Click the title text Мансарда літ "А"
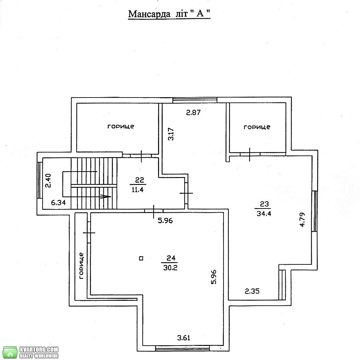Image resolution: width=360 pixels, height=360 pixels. [x=169, y=14]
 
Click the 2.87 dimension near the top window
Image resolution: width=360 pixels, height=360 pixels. [x=193, y=113]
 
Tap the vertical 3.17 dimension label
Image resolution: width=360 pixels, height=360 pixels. [x=171, y=134]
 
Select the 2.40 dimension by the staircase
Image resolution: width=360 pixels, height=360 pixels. [x=48, y=181]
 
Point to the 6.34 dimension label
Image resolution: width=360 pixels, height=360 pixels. [x=58, y=203]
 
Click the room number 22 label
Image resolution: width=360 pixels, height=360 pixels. [x=139, y=180]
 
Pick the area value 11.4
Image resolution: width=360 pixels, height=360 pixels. [x=137, y=189]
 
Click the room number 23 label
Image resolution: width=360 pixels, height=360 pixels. [x=264, y=204]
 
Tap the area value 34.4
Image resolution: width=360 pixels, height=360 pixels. [x=264, y=214]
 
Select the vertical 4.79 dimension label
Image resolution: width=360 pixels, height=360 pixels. [x=302, y=220]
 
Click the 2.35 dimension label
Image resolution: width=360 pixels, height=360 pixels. [x=252, y=291]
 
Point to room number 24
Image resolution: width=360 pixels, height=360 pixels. [x=171, y=258]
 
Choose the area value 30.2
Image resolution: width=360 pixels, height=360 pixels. [x=171, y=268]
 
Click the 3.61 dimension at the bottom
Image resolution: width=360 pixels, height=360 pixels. [x=184, y=338]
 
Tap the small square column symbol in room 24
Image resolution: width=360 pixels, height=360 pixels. [x=141, y=259]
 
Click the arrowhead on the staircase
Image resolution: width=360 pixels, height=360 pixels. [x=106, y=197]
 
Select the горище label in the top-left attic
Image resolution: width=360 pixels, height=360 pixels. [x=121, y=127]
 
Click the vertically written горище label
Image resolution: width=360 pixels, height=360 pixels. [x=81, y=266]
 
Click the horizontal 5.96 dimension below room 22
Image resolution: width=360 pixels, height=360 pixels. [x=165, y=221]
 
